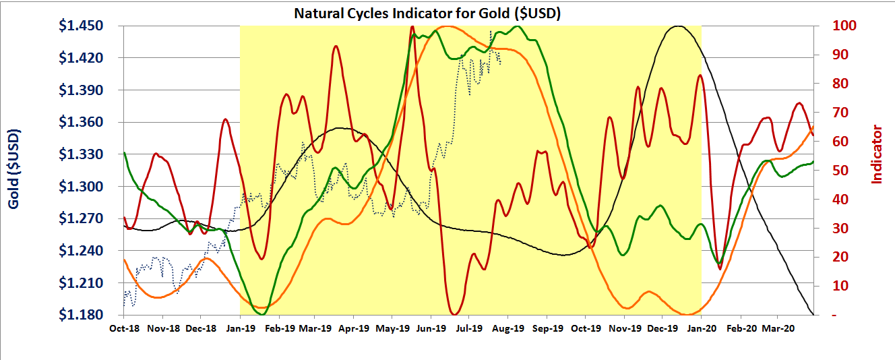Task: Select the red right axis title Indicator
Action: click(x=877, y=154)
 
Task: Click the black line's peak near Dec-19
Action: click(x=678, y=26)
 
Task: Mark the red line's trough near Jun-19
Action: click(x=455, y=313)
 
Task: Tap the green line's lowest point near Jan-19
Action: click(x=262, y=314)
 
